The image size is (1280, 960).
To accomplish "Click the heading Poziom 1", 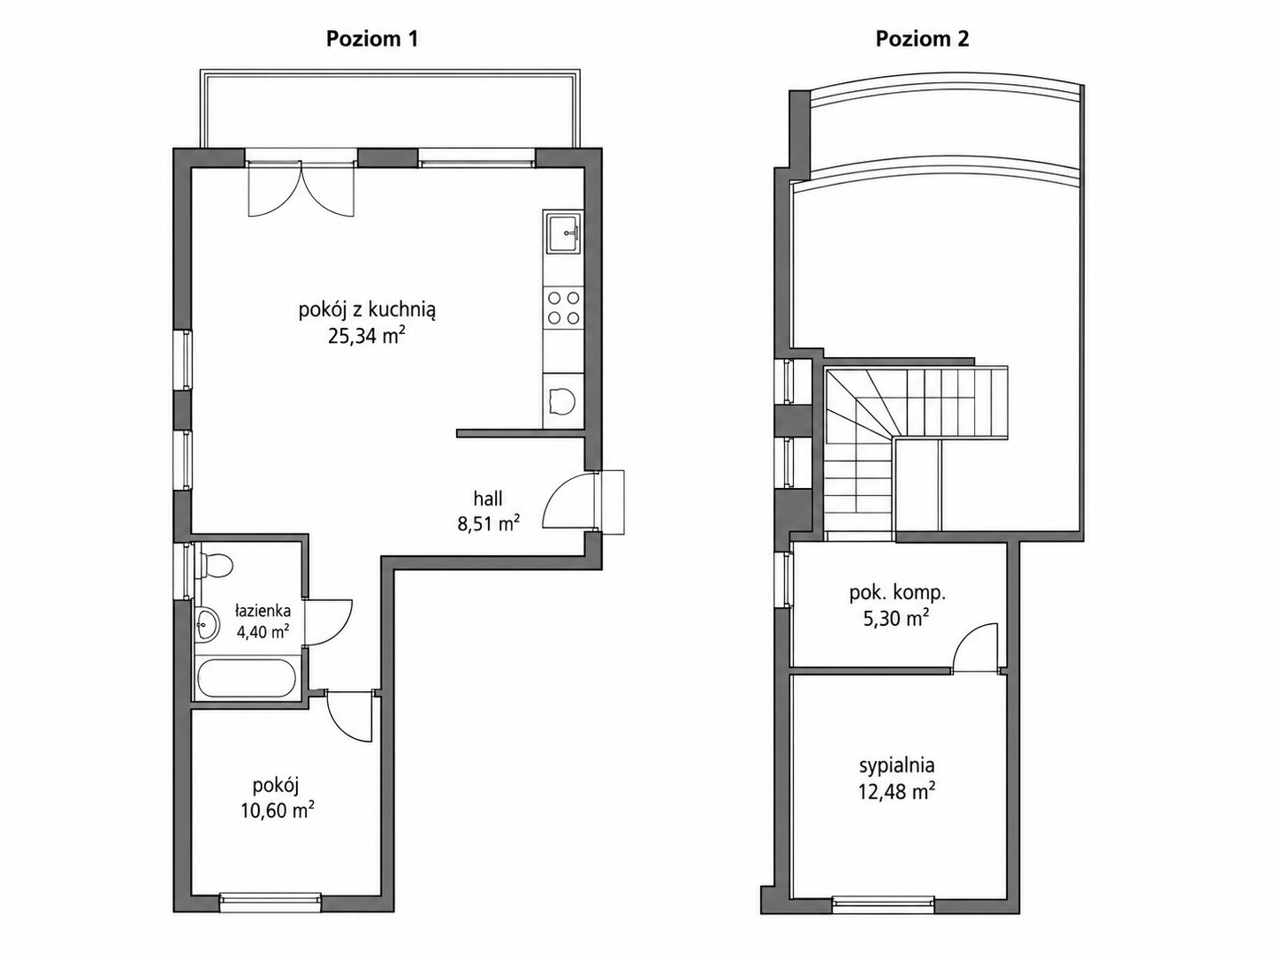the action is (372, 39).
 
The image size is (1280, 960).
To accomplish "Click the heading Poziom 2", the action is (922, 39).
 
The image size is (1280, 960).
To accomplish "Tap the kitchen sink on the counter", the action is (563, 233).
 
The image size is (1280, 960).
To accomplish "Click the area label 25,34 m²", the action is (366, 336).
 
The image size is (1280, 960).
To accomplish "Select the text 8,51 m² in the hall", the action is (488, 524).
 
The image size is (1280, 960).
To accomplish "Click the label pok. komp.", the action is (897, 594).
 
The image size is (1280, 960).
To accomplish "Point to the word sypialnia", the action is (897, 765).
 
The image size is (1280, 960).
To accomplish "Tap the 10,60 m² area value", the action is (278, 811).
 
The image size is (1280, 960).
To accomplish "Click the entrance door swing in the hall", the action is (568, 500).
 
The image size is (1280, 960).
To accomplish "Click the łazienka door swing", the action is (329, 622).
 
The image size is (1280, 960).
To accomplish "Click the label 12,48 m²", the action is (897, 792).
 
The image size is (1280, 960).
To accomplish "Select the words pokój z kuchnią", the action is (367, 310).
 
